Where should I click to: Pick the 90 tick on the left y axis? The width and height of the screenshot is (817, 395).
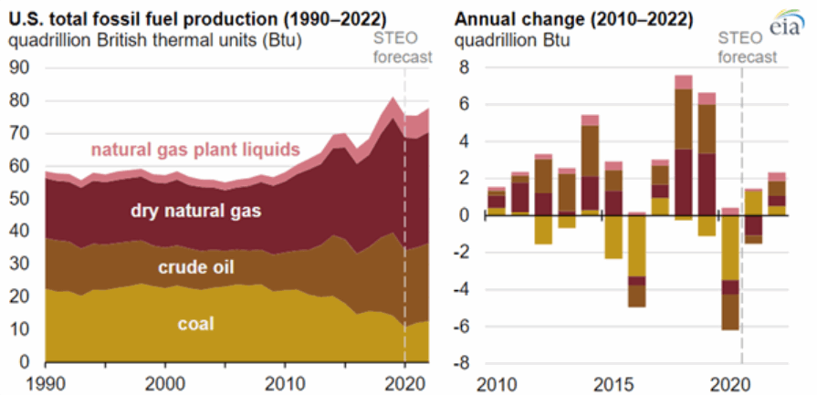tap(18, 68)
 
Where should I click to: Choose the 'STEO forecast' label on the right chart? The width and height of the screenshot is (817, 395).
tap(747, 47)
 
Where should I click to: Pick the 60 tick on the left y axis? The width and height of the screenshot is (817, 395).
tap(18, 167)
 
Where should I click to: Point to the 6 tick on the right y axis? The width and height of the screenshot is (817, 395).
tap(466, 105)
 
